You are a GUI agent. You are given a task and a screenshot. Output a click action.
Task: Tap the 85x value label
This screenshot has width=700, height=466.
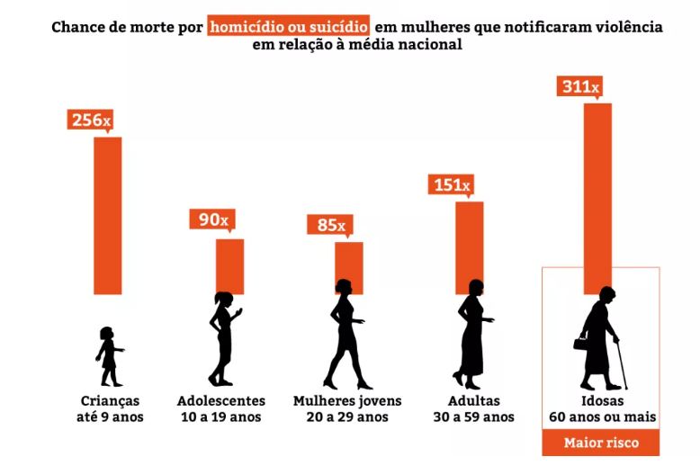(x=332, y=224)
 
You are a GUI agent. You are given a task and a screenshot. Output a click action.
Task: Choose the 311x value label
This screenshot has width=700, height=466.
(x=580, y=86)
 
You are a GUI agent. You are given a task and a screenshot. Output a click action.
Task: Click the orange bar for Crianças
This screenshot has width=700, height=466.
(x=108, y=216)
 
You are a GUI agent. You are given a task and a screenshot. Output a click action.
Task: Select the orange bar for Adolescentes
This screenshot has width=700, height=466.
(x=229, y=265)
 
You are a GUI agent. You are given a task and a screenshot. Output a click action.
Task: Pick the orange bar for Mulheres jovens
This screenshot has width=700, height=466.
(x=349, y=267)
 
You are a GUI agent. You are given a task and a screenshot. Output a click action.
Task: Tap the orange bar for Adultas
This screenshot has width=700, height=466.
(x=469, y=247)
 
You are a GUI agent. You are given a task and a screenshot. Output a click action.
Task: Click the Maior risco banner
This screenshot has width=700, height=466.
(x=600, y=443)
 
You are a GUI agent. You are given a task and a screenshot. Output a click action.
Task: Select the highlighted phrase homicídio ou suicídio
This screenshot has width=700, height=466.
(x=288, y=26)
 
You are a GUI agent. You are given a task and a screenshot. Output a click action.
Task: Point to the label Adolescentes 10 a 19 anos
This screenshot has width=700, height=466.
(x=221, y=408)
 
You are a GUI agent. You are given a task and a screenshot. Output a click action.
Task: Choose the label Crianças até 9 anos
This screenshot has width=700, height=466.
(x=110, y=408)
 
